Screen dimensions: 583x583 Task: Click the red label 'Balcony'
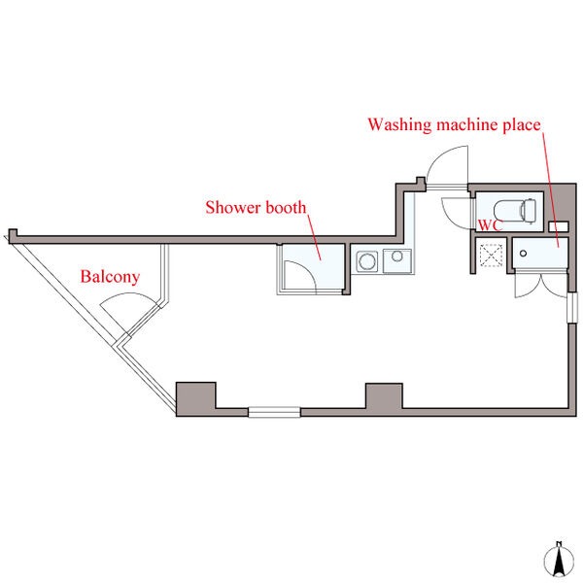click(110, 277)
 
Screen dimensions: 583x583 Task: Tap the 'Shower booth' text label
click(256, 207)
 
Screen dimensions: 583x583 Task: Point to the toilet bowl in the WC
click(508, 210)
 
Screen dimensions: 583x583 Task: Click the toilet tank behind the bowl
click(528, 210)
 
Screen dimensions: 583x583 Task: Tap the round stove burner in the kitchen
click(367, 260)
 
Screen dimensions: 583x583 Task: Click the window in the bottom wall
click(277, 412)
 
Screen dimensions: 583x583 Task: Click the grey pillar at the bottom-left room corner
click(195, 397)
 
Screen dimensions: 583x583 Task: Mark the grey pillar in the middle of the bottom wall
click(384, 396)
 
